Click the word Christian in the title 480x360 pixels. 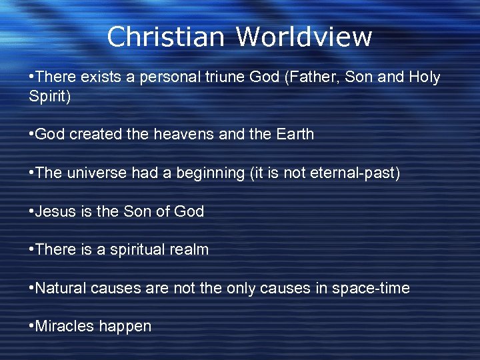(x=165, y=37)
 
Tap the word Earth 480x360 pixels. (x=292, y=134)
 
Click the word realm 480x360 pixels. (x=191, y=250)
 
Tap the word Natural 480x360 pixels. (x=60, y=288)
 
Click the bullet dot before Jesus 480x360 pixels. (x=31, y=211)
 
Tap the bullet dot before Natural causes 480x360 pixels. (x=31, y=288)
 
